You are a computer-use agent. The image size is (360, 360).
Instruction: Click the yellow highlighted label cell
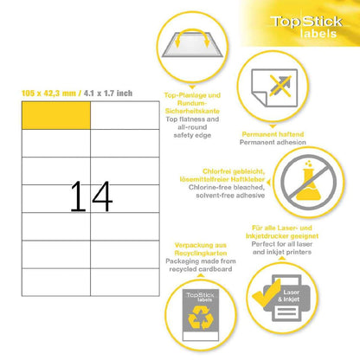(56, 115)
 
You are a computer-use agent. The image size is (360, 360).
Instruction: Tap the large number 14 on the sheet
(91, 196)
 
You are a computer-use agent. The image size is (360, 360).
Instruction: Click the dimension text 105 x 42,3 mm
(48, 93)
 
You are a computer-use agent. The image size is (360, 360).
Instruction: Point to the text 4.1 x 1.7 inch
(108, 93)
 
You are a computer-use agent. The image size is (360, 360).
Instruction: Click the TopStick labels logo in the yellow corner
(306, 27)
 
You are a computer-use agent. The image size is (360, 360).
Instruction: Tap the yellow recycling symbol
(201, 318)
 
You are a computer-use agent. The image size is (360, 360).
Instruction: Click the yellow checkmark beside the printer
(267, 293)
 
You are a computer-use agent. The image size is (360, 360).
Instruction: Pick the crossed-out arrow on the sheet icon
(280, 86)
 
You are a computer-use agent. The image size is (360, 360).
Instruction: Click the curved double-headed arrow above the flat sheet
(192, 32)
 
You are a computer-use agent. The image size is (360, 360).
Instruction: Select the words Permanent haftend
(273, 134)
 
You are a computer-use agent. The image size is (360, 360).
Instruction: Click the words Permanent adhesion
(273, 142)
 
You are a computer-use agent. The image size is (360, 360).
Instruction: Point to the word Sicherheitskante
(192, 111)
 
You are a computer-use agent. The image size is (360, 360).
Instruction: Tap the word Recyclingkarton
(201, 254)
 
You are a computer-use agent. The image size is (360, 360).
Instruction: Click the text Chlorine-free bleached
(227, 187)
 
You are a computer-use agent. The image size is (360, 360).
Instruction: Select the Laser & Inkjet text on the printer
(289, 296)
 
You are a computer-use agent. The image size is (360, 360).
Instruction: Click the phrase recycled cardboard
(201, 269)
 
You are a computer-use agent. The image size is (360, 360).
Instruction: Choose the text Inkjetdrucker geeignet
(282, 236)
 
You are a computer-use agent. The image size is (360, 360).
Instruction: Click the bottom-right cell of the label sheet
(125, 282)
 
